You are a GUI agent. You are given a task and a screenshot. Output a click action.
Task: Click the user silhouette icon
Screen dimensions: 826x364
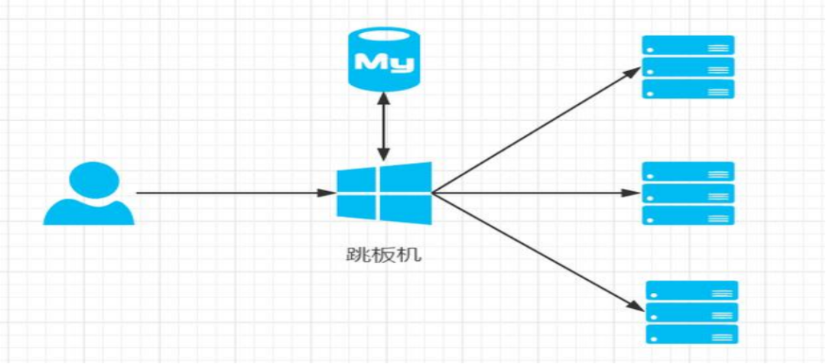(x=89, y=193)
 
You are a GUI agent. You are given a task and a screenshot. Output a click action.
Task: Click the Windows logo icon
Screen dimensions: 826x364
(x=385, y=190)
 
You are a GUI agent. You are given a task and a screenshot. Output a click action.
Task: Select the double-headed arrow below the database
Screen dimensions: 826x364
(x=384, y=126)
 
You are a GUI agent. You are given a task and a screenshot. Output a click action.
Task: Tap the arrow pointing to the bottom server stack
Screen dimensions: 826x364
(x=538, y=252)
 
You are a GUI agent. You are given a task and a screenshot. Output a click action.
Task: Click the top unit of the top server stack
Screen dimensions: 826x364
(x=688, y=44)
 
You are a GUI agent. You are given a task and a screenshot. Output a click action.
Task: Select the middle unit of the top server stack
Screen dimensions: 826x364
(x=688, y=67)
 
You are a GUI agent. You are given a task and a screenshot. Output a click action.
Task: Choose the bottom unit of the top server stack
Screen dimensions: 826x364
(x=688, y=89)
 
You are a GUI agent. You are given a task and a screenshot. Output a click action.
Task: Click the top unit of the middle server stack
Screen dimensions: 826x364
(x=688, y=171)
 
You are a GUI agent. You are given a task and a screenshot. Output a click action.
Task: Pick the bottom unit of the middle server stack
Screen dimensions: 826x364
(x=688, y=216)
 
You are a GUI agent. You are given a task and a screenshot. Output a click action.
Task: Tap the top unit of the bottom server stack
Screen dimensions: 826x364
(x=691, y=291)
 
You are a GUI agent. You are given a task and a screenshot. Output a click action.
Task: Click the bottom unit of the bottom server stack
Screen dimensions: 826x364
(x=691, y=334)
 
